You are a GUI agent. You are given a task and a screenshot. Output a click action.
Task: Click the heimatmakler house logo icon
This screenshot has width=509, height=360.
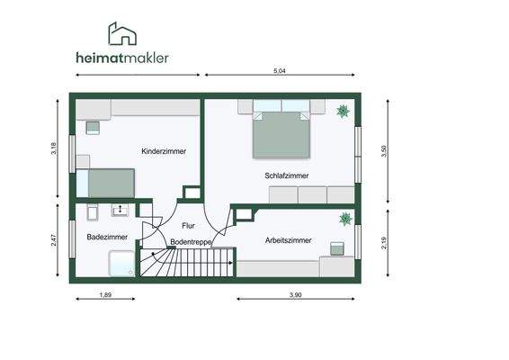click(x=124, y=35)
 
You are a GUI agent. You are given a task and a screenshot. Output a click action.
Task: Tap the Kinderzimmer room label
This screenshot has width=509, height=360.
click(x=164, y=152)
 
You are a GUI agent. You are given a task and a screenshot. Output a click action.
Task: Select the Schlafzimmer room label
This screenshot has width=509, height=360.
click(x=287, y=175)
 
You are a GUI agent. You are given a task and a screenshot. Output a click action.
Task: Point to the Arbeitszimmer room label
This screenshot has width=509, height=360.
click(x=289, y=240)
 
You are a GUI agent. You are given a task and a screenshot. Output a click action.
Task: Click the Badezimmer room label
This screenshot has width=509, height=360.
click(x=107, y=237)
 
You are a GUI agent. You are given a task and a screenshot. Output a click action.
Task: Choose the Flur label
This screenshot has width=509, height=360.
click(x=188, y=226)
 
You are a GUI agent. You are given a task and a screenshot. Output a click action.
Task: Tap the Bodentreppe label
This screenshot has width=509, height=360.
click(x=192, y=243)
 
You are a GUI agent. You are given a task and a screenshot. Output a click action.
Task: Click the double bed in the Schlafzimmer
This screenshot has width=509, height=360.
click(x=281, y=132)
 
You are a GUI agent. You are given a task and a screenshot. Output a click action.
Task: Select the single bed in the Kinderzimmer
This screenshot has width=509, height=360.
click(x=107, y=183)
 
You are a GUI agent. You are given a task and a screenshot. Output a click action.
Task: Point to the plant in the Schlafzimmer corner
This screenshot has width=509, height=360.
click(x=343, y=112)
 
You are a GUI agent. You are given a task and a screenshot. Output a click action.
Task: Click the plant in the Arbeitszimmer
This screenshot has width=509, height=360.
click(x=344, y=219)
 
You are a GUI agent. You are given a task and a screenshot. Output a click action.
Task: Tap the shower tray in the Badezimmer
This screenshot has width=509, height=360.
click(x=121, y=264)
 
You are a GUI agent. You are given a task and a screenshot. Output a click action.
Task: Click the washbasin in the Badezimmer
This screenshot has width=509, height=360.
click(x=120, y=211)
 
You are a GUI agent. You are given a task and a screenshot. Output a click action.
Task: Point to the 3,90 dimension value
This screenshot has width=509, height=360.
click(x=296, y=295)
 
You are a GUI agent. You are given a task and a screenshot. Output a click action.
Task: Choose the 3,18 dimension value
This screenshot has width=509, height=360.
click(x=54, y=148)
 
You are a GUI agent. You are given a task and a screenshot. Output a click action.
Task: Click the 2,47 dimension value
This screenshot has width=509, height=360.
click(x=54, y=241)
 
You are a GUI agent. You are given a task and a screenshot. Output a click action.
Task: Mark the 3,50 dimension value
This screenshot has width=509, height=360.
click(x=384, y=152)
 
